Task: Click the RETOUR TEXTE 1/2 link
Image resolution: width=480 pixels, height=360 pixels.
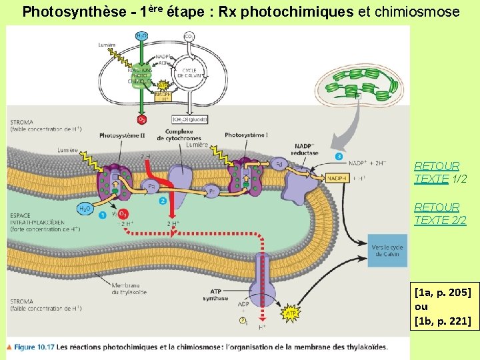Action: coord(437,172)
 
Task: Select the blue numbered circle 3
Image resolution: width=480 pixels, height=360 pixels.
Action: coord(339,156)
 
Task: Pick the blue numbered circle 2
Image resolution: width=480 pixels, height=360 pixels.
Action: coord(163,200)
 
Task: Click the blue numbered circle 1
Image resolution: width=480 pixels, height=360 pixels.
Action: coord(102,215)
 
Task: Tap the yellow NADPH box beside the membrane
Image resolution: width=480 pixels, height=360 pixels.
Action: coord(337,177)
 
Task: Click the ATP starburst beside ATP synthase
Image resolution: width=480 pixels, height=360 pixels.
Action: coord(291,312)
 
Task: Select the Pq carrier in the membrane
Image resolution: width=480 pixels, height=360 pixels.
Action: coord(152,187)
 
